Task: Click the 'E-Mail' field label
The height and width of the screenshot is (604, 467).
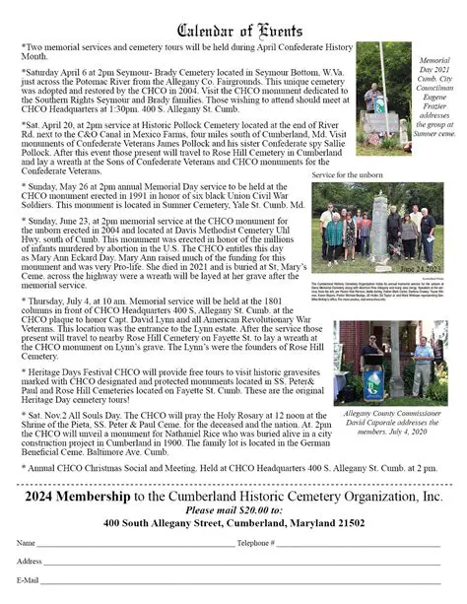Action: pyautogui.click(x=28, y=580)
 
